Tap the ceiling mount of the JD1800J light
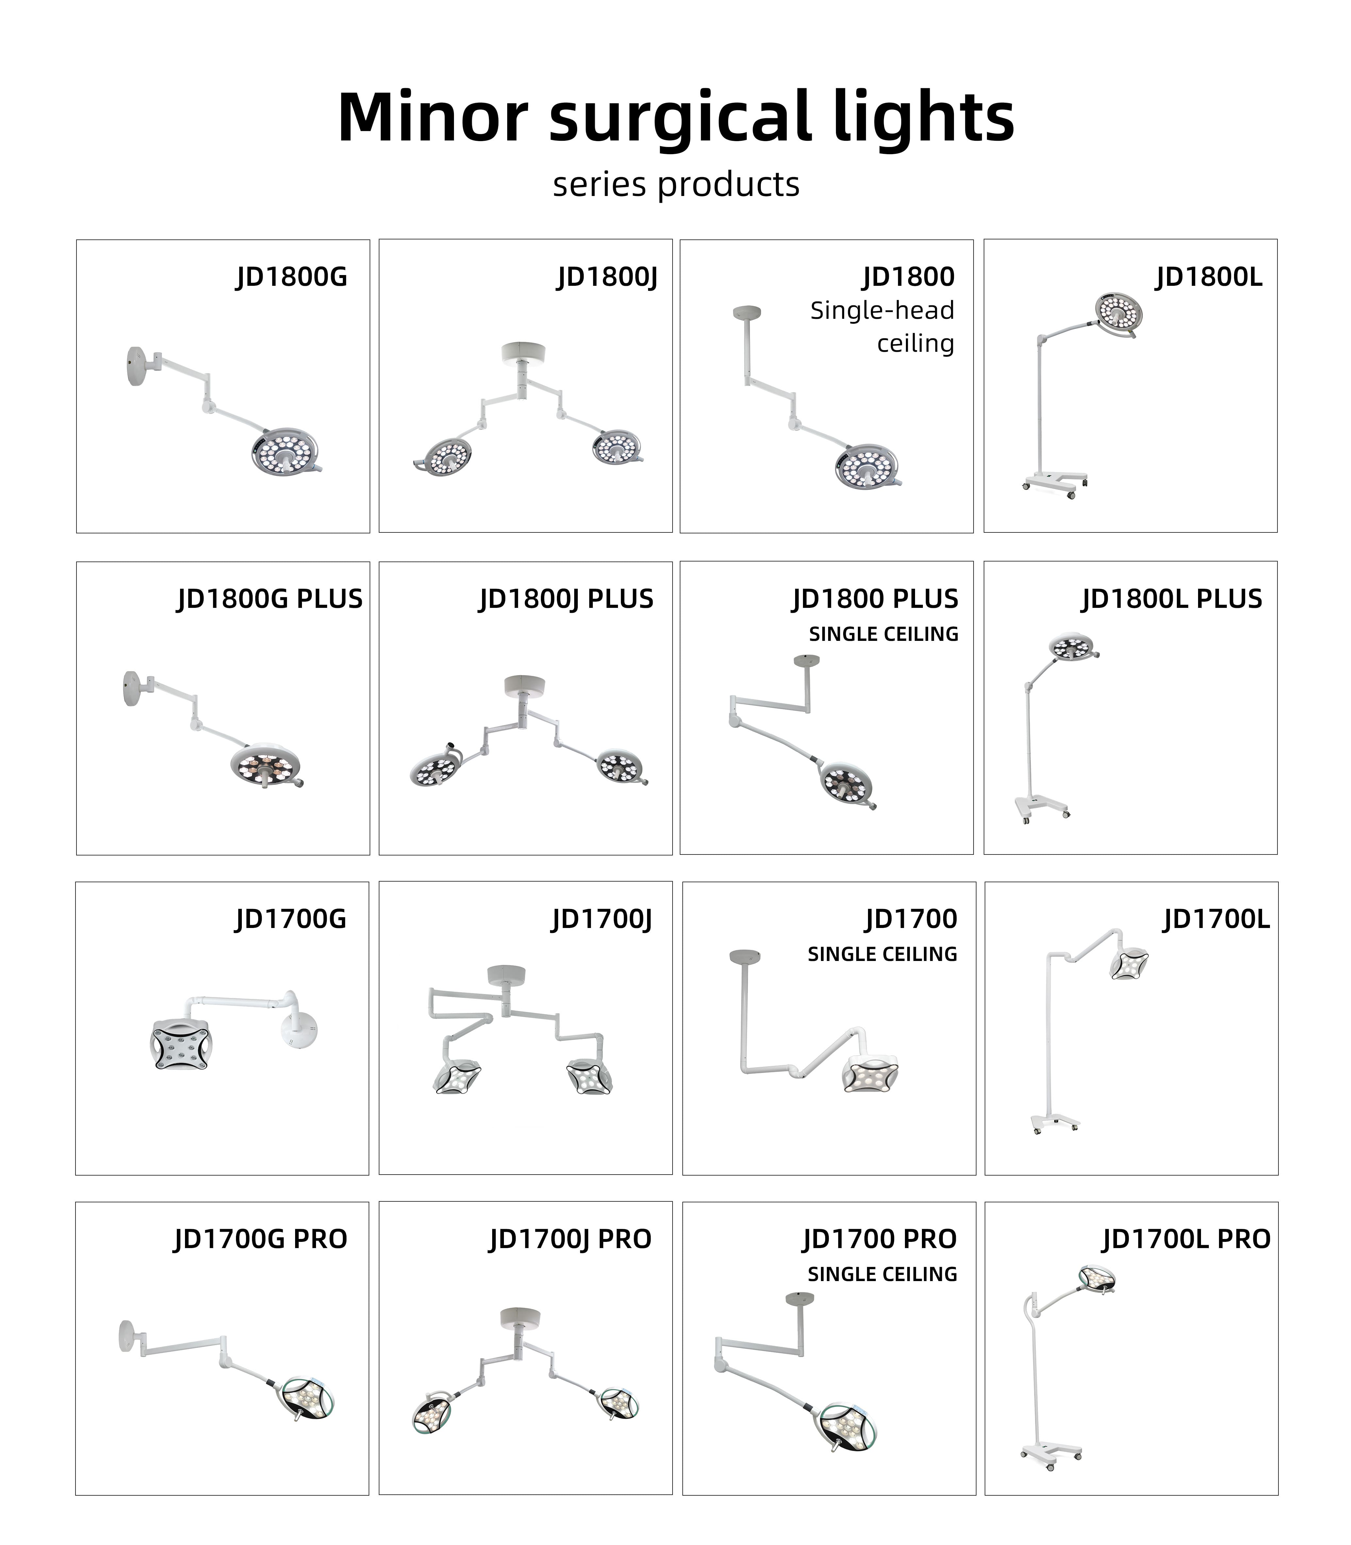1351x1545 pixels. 523,352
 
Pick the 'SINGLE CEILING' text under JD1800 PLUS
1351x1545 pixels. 884,635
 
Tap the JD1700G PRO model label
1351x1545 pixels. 260,1239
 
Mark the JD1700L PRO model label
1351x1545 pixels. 1186,1239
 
